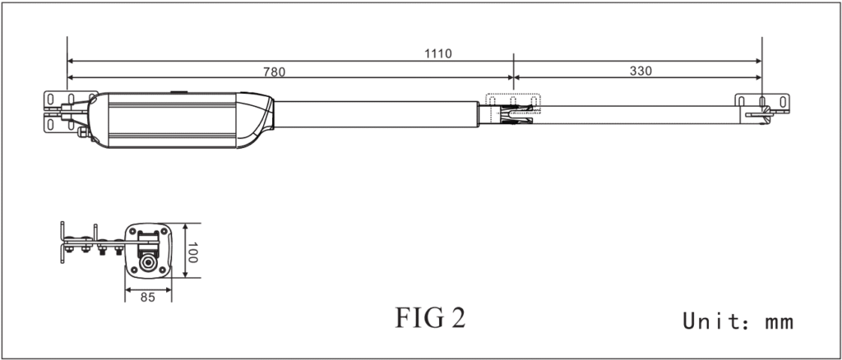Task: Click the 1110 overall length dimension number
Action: point(438,53)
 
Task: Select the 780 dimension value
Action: point(274,72)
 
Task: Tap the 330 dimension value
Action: point(641,72)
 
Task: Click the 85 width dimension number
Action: point(148,298)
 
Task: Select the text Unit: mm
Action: point(738,321)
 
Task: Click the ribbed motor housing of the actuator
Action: point(169,120)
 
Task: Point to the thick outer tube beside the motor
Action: point(378,114)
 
